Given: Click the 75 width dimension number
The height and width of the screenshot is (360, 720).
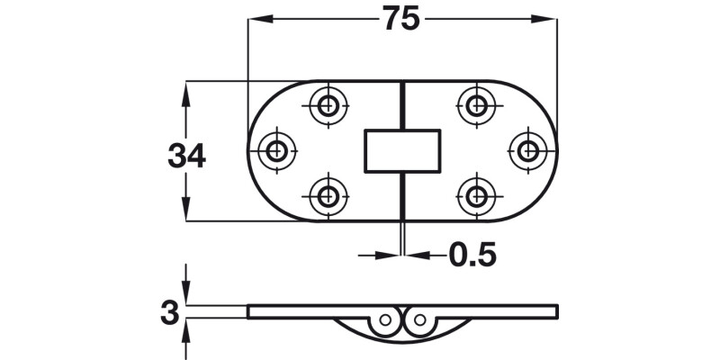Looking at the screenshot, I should click(401, 19).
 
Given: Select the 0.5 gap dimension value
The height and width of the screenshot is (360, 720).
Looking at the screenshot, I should click(472, 256).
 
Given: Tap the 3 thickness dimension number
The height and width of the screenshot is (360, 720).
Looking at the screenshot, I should click(168, 313).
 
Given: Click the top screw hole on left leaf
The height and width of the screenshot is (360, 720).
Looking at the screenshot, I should click(328, 106).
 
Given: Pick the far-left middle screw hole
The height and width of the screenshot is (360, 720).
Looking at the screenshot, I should click(278, 150).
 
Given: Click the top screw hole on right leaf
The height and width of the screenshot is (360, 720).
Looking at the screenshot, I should click(477, 106).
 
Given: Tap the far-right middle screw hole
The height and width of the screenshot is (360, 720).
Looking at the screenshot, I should click(526, 150).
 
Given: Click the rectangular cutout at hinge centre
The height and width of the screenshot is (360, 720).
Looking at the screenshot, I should click(401, 150).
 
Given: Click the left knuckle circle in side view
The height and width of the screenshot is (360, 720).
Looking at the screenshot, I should click(386, 319).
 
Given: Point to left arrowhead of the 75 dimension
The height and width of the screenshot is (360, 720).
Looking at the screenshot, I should click(255, 19).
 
